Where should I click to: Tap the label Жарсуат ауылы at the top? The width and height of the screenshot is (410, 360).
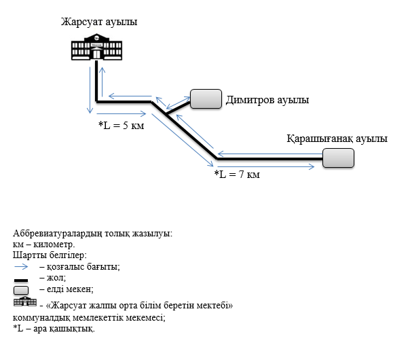point(99,22)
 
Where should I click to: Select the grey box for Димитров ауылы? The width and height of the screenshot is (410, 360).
point(206,99)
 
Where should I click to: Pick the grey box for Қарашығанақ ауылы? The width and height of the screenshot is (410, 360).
point(338,158)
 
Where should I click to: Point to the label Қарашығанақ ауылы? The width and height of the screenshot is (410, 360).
point(337,139)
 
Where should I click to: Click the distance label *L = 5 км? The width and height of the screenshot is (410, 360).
point(123,126)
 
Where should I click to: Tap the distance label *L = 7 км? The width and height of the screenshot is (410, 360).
point(237,175)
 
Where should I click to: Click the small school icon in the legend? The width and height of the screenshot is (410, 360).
point(24,302)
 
